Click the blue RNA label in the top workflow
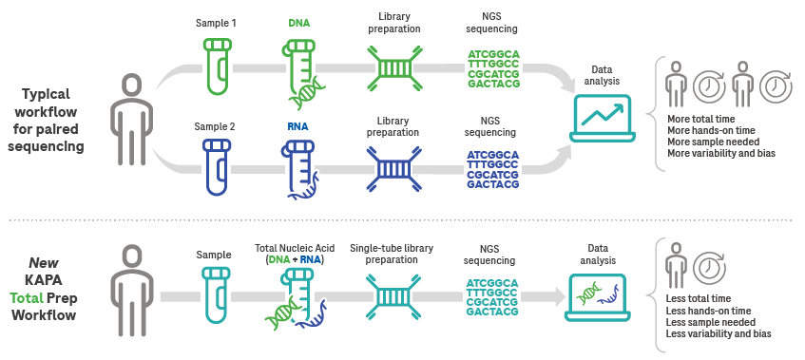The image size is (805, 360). pos(298,125)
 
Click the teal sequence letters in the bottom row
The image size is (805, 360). pos(493,298)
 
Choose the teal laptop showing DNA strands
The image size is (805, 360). pos(600,300)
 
